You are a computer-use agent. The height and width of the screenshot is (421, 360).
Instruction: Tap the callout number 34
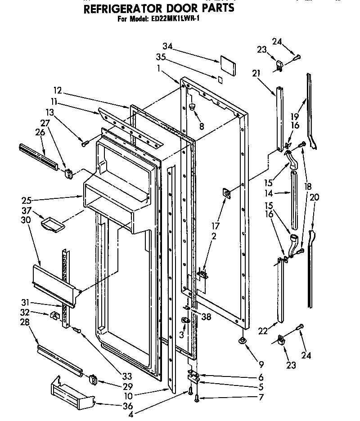coord(167,46)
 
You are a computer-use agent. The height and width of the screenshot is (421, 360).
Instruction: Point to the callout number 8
coord(201,127)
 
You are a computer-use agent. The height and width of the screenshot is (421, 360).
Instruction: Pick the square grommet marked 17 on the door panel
coord(227,194)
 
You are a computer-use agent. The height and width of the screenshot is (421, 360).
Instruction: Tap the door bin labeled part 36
coord(72,391)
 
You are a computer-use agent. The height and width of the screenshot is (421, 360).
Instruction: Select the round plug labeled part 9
coord(242,341)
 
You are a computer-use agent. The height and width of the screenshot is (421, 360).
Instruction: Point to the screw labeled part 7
coord(198,397)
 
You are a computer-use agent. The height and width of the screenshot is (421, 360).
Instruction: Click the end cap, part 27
coord(69,172)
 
